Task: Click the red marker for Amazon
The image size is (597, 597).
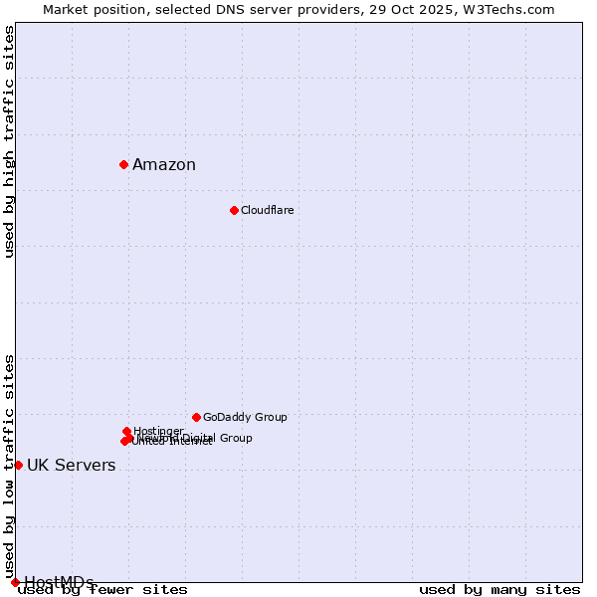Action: click(123, 164)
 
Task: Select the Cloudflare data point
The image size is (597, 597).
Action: click(234, 210)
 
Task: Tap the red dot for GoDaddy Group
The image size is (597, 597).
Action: click(196, 417)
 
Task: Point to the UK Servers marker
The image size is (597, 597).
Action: click(18, 465)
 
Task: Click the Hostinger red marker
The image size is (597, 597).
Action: click(126, 431)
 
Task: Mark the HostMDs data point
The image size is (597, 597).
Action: click(15, 582)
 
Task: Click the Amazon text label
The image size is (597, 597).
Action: click(164, 165)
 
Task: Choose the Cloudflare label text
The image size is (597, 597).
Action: click(267, 210)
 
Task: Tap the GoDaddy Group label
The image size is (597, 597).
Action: click(245, 417)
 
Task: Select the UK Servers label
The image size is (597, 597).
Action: click(71, 466)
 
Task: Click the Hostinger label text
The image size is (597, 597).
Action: click(158, 431)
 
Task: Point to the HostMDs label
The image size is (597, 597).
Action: click(59, 582)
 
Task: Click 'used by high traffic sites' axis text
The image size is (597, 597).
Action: click(10, 141)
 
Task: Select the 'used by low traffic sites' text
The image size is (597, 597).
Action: click(10, 466)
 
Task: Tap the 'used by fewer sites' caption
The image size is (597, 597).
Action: click(103, 590)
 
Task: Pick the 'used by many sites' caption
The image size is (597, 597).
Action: click(499, 590)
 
